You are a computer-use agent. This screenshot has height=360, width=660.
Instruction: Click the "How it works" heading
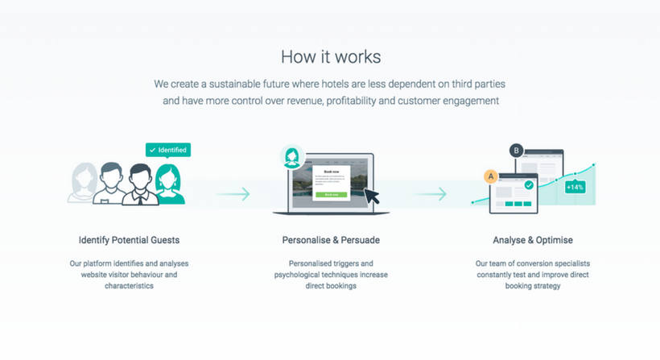tap(330, 56)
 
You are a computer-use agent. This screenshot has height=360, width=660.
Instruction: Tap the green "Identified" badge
tap(167, 150)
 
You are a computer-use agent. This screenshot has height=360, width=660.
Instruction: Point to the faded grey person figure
tap(84, 184)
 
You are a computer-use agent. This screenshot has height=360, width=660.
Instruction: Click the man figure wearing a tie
tap(140, 184)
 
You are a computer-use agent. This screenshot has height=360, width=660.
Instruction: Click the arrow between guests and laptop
tap(233, 194)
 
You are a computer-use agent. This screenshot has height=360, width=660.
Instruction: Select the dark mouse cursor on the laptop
tap(371, 196)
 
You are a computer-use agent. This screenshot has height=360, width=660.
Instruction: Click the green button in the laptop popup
tap(331, 195)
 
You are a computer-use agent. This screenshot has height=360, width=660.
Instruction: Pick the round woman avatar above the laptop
tap(291, 157)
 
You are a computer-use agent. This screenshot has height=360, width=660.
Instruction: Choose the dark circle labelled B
tap(516, 150)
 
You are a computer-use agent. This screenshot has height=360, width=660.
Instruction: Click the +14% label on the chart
tap(575, 187)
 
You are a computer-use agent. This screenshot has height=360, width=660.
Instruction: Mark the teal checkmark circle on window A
tap(529, 184)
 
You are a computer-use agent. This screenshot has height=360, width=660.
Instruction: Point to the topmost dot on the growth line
tap(593, 165)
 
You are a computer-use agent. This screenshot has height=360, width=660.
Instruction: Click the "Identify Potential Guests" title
tap(129, 240)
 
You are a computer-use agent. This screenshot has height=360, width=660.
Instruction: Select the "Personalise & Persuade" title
tap(331, 240)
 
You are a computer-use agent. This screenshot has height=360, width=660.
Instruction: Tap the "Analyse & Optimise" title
tap(533, 240)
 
